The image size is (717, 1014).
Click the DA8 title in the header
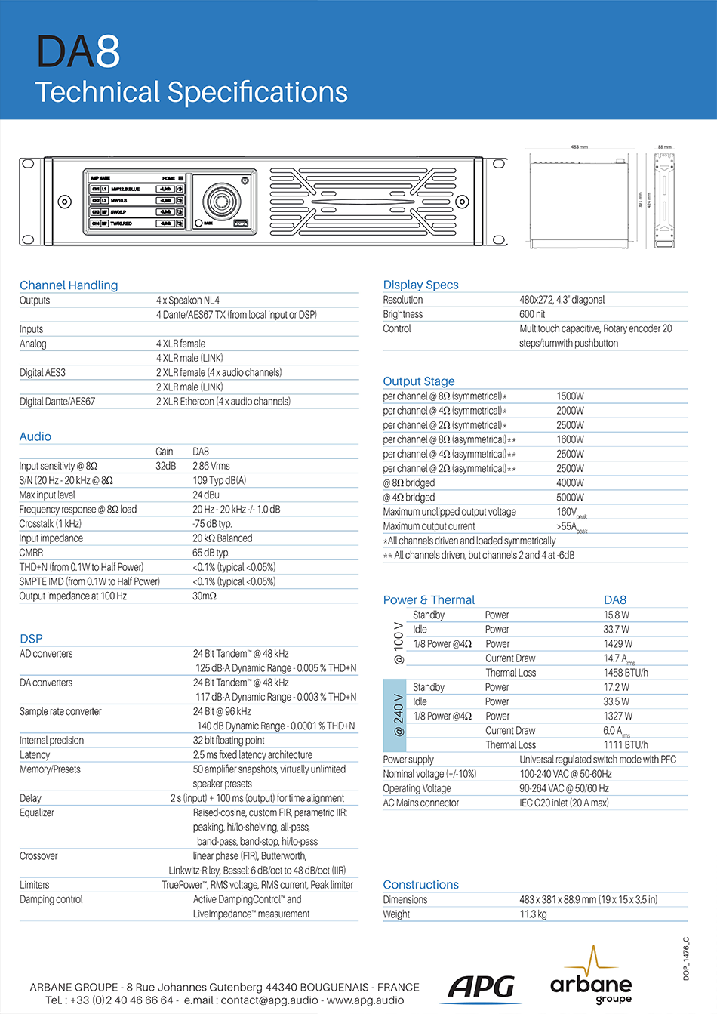(x=78, y=52)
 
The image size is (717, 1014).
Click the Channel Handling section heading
(x=69, y=285)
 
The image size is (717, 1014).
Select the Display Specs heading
(x=420, y=285)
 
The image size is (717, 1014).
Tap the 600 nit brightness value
(x=532, y=314)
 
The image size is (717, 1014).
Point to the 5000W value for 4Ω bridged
(x=570, y=498)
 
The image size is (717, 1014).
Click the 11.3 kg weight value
(x=533, y=914)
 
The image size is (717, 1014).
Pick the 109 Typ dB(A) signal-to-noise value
(x=219, y=480)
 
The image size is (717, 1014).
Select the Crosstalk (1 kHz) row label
(x=50, y=524)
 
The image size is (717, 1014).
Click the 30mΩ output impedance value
(x=204, y=596)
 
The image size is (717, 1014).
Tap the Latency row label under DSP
(x=35, y=755)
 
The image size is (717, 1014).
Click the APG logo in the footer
(x=481, y=986)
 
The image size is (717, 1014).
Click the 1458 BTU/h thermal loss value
(x=625, y=673)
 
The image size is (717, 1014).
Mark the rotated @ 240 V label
(x=399, y=716)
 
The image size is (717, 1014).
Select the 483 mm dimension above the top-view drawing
(x=579, y=147)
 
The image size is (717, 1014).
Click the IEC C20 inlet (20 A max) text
(x=564, y=803)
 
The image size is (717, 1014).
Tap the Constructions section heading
(x=420, y=885)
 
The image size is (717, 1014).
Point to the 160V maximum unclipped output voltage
(x=567, y=512)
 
